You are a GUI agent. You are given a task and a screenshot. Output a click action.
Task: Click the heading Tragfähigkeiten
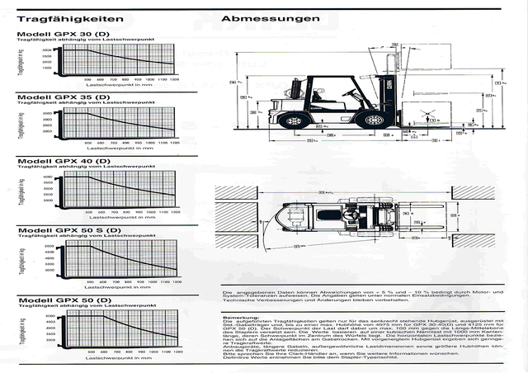click(x=70, y=18)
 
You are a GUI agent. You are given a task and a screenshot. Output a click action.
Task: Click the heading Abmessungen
click(x=261, y=19)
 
